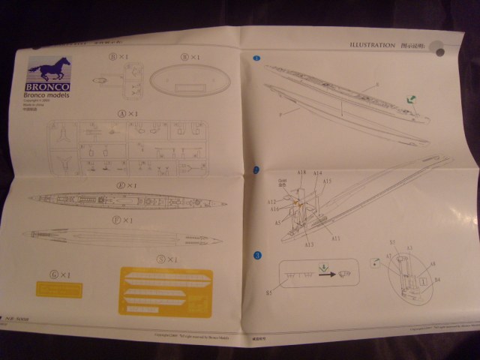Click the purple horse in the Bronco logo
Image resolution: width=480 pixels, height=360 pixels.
[x=49, y=69]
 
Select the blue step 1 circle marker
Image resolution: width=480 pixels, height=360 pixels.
[x=257, y=58]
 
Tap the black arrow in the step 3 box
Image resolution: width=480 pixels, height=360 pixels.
[x=326, y=274]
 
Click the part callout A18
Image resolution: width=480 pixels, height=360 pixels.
[x=301, y=174]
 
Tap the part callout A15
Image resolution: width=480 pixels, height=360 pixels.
[x=327, y=181]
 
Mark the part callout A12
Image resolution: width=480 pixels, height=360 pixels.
[x=274, y=202]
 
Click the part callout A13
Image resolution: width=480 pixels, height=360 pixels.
[x=309, y=244]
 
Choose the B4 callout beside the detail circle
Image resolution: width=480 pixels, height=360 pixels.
[x=436, y=279]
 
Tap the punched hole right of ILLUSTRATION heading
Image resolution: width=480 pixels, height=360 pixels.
[x=439, y=53]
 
